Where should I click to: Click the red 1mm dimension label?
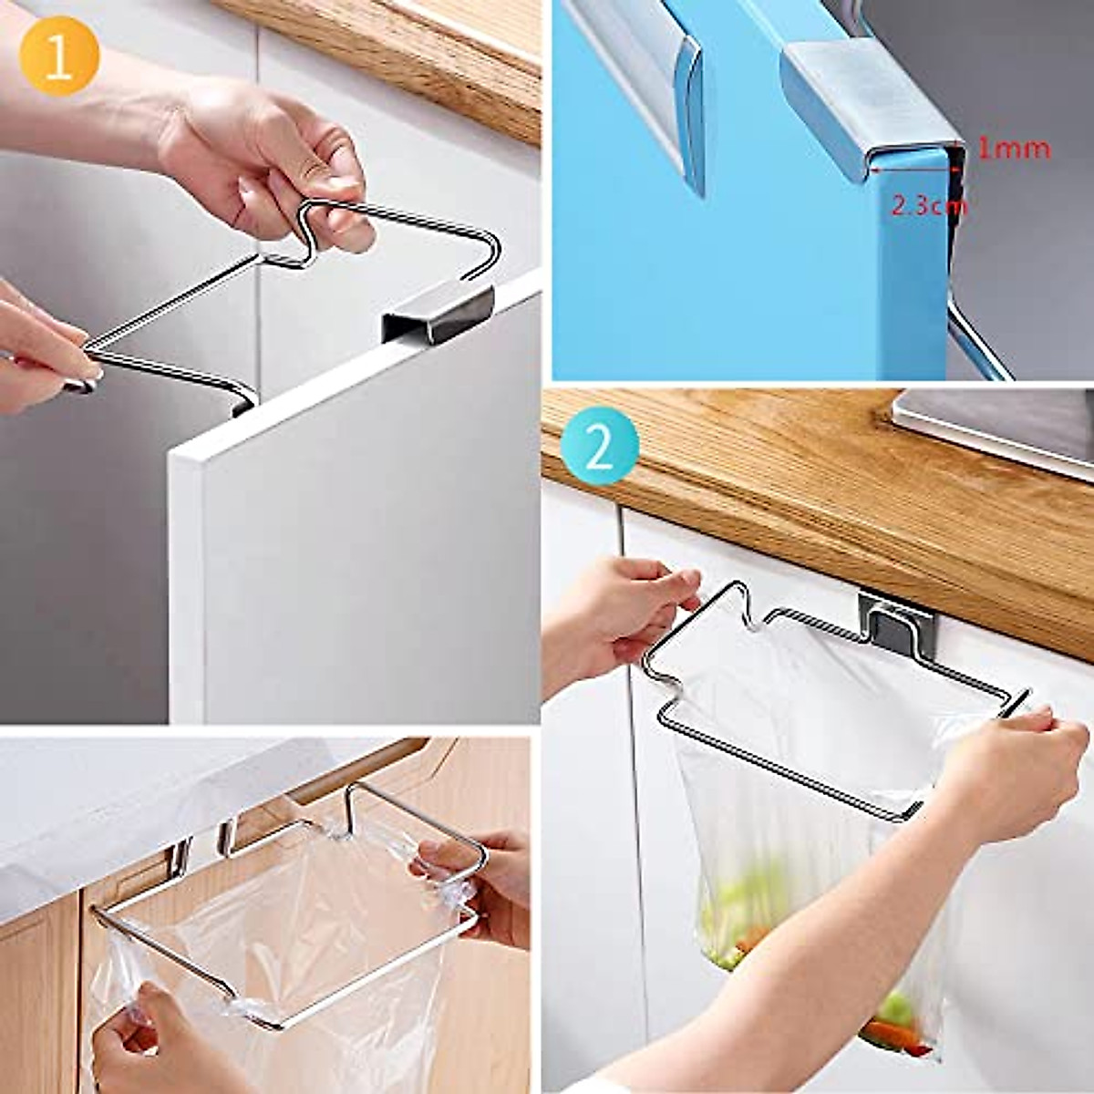(x=1013, y=148)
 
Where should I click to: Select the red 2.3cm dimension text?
(x=927, y=206)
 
